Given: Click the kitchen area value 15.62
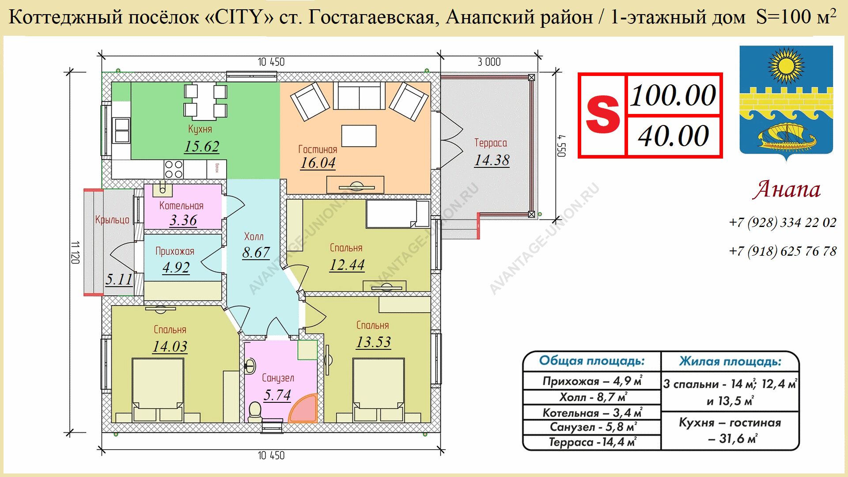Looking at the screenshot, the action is pyautogui.click(x=202, y=146).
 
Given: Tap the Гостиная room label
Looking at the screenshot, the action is pyautogui.click(x=318, y=149).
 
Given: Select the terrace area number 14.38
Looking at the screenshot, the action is pyautogui.click(x=492, y=160).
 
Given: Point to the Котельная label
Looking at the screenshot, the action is pyautogui.click(x=181, y=206).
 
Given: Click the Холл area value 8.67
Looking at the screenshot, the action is pyautogui.click(x=256, y=252).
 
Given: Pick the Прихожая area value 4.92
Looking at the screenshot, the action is pyautogui.click(x=176, y=267).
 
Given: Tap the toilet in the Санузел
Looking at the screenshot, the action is pyautogui.click(x=255, y=411).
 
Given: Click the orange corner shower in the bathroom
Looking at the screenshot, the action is pyautogui.click(x=304, y=409).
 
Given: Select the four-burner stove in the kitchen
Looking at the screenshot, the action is pyautogui.click(x=174, y=169).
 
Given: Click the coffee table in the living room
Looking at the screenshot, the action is pyautogui.click(x=359, y=136).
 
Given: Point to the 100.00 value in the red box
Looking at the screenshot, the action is pyautogui.click(x=673, y=95).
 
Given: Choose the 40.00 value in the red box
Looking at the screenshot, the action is pyautogui.click(x=674, y=136).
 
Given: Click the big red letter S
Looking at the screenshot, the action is pyautogui.click(x=602, y=115).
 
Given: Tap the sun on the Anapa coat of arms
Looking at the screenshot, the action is pyautogui.click(x=786, y=66).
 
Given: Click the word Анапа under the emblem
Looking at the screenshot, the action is pyautogui.click(x=787, y=189).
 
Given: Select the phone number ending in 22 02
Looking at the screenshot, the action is pyautogui.click(x=783, y=222).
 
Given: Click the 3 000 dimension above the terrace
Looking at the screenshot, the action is pyautogui.click(x=489, y=62).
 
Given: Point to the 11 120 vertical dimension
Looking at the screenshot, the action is pyautogui.click(x=75, y=253).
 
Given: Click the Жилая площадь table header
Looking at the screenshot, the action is pyautogui.click(x=730, y=362).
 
